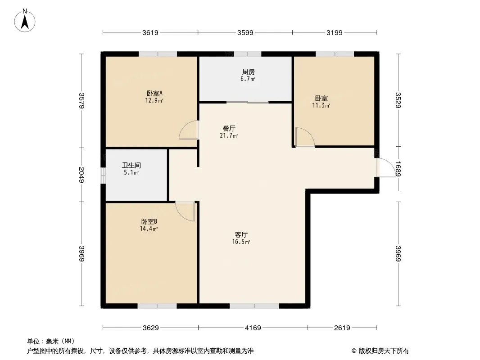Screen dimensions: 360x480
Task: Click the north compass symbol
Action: coord(25,20)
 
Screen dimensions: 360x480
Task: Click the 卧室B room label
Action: coord(149,222)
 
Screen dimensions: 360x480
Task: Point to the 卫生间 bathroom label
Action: coord(131,166)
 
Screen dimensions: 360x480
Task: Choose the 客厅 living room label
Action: coord(241,234)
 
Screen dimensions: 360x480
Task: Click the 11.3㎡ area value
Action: coord(321,106)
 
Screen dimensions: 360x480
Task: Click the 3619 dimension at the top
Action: coord(150,32)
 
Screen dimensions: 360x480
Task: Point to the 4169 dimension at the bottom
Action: coord(253,328)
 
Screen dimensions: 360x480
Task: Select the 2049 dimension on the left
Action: coord(81,175)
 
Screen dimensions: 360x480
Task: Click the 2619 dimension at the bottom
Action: coord(342,328)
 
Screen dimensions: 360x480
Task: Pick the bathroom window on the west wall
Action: coord(103,175)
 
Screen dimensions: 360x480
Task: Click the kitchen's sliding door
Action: coord(247,103)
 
